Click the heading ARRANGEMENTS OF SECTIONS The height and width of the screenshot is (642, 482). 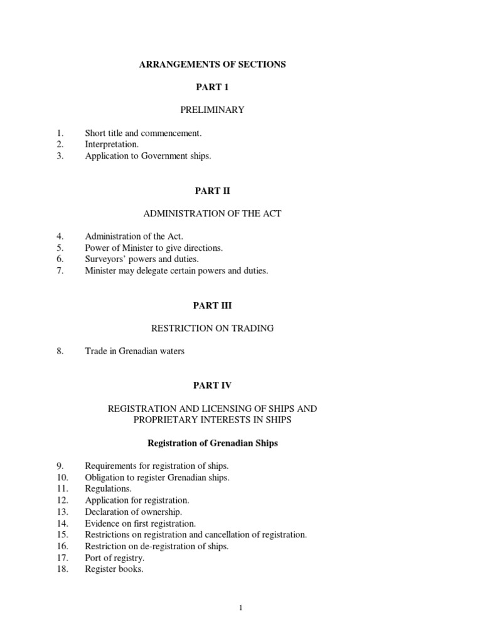212,65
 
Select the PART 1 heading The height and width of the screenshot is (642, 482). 212,87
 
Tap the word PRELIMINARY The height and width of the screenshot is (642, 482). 212,110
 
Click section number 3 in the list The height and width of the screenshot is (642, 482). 60,156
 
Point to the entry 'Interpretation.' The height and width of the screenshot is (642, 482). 112,144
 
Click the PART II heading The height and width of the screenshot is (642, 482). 212,191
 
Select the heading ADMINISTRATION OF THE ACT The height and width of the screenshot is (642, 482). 212,213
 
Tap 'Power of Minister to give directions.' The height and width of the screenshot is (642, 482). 154,248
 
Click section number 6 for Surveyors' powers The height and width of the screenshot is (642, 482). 60,259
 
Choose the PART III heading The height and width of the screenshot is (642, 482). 212,305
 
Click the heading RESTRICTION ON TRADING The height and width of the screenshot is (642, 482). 212,328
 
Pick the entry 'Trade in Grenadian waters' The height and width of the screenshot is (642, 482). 135,351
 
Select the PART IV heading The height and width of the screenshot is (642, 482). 212,386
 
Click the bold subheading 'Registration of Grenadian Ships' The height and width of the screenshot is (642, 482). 212,443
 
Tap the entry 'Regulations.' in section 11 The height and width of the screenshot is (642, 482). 109,488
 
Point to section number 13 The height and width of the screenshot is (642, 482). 62,512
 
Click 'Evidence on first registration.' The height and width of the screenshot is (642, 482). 141,523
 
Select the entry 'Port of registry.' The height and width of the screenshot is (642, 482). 115,557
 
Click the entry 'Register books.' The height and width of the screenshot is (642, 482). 114,569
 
